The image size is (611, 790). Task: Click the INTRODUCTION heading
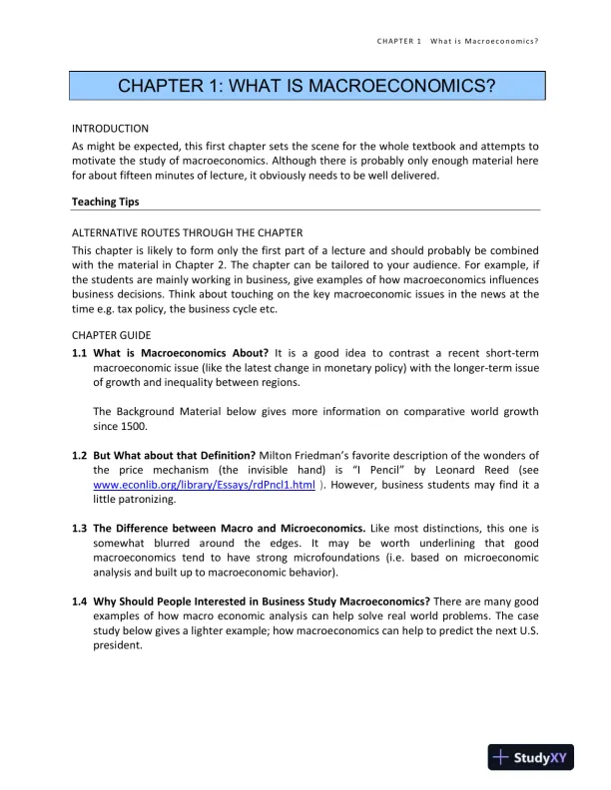[110, 129]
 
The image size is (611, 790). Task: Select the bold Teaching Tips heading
[105, 201]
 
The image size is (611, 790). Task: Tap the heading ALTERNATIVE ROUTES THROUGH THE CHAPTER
[187, 232]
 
